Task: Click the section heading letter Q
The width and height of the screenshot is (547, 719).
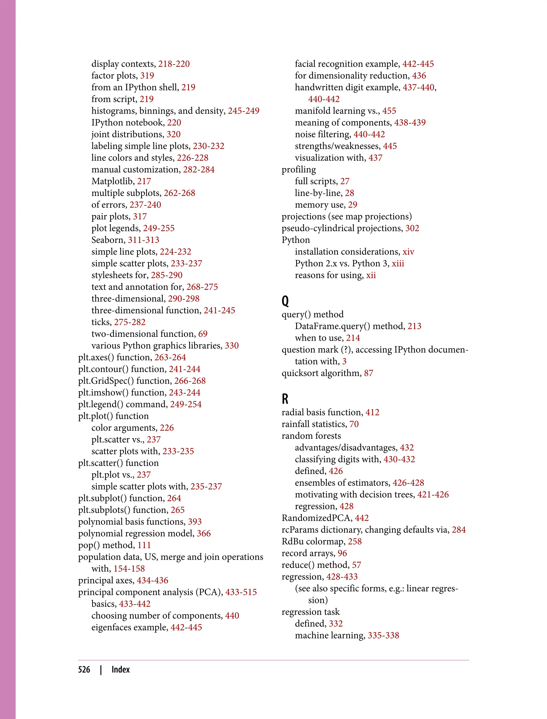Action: [x=285, y=301]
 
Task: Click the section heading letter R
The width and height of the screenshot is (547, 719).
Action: [x=285, y=399]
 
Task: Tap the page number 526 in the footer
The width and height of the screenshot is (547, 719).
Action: [x=84, y=670]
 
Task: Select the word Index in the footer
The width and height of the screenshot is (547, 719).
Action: [x=120, y=670]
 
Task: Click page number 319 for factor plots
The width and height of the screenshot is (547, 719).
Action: [x=147, y=76]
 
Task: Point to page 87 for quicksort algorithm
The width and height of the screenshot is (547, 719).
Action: [x=369, y=373]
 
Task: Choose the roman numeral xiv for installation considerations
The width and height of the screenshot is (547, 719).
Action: [x=408, y=252]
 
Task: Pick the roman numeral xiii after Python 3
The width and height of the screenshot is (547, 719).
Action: [x=398, y=263]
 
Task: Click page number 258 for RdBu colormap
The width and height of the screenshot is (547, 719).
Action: [x=355, y=541]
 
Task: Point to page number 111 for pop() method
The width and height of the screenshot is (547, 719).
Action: [x=144, y=545]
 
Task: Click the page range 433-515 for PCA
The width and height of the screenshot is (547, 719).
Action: [x=241, y=592]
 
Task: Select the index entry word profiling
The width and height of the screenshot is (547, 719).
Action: [x=299, y=170]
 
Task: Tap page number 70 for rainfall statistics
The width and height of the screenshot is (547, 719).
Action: [x=354, y=424]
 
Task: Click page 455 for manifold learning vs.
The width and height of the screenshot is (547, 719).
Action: [x=389, y=111]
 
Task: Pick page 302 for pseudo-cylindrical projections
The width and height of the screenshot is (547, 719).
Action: [x=412, y=228]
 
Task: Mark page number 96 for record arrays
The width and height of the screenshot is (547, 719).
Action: [x=342, y=553]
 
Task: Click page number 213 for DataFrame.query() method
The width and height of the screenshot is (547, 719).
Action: [x=415, y=326]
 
